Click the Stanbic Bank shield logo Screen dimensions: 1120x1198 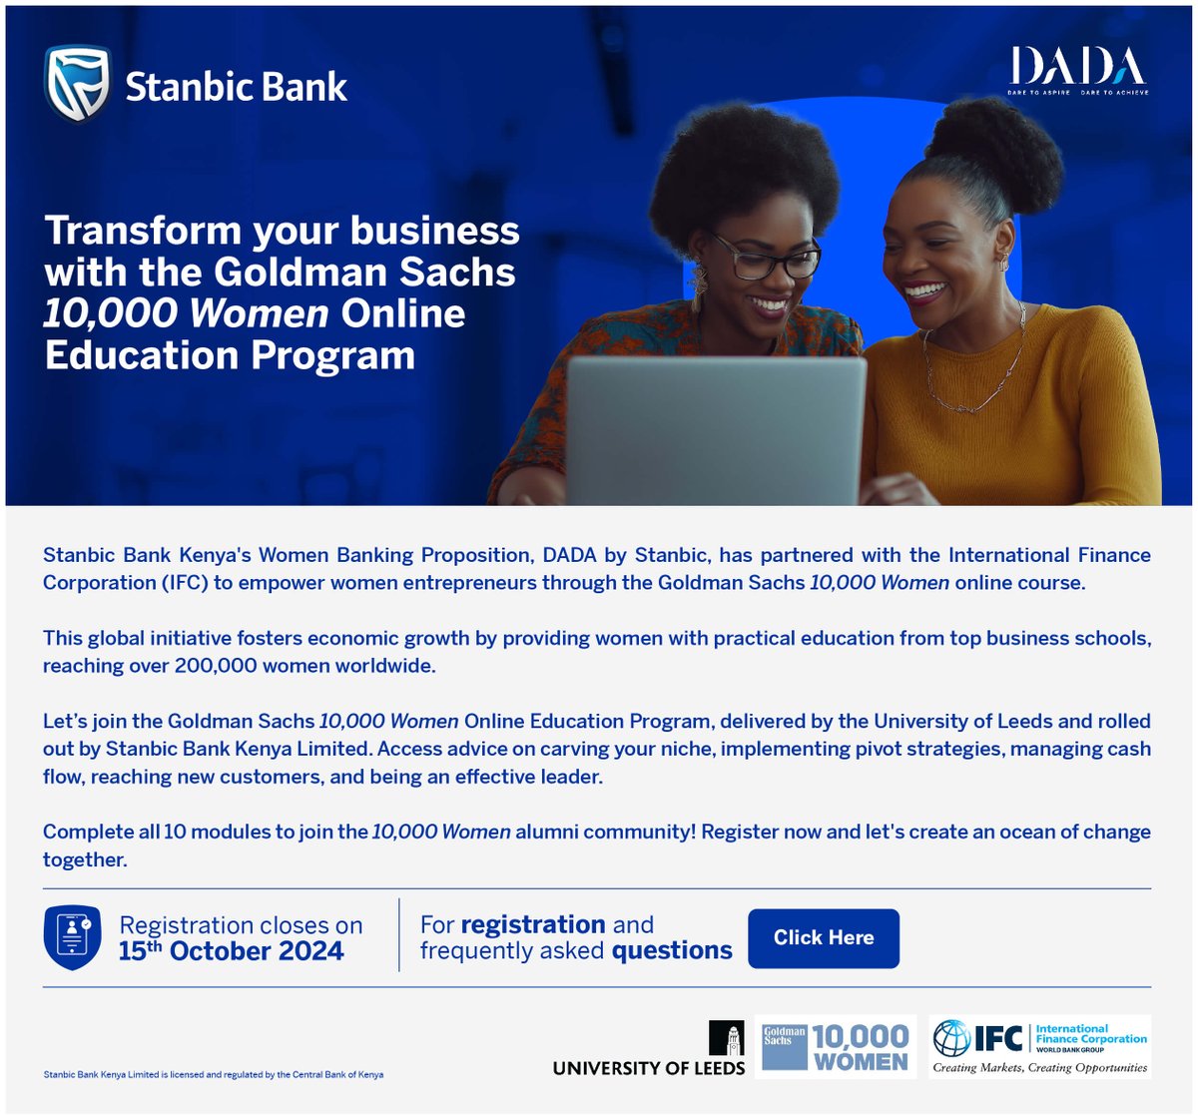click(77, 84)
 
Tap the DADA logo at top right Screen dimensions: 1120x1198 click(1077, 69)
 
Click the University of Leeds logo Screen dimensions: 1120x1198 click(649, 1050)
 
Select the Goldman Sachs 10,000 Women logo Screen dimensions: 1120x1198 click(836, 1047)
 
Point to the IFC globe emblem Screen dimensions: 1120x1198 click(950, 1038)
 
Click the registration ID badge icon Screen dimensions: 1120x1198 click(72, 937)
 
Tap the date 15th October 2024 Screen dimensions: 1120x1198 click(231, 951)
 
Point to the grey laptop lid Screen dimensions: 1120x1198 click(715, 429)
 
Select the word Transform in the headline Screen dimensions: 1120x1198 click(140, 231)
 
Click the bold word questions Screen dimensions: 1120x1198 click(672, 951)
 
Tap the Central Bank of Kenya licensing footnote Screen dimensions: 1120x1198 click(214, 1075)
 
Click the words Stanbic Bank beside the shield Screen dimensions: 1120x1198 click(236, 87)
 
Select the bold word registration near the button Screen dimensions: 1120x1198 click(533, 924)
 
